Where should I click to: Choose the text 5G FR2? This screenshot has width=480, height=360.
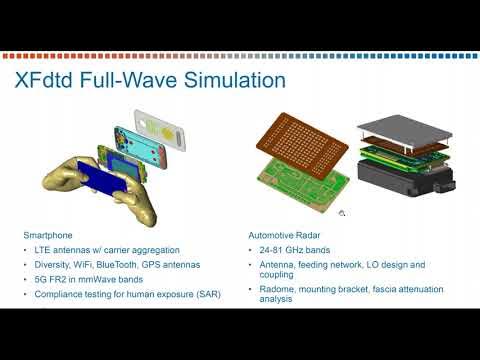click(x=53, y=280)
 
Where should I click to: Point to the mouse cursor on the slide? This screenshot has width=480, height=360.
click(x=342, y=212)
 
